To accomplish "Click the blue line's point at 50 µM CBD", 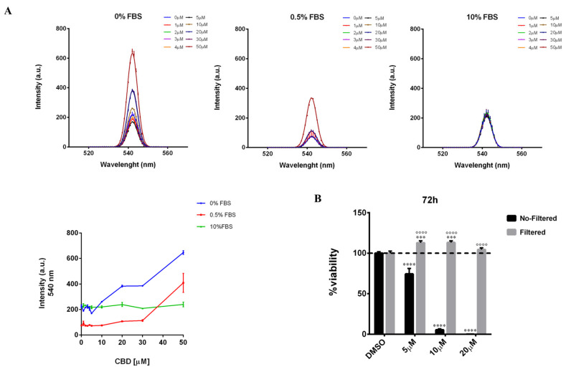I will tap(184, 252).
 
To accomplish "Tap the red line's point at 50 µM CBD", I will tap(184, 282).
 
